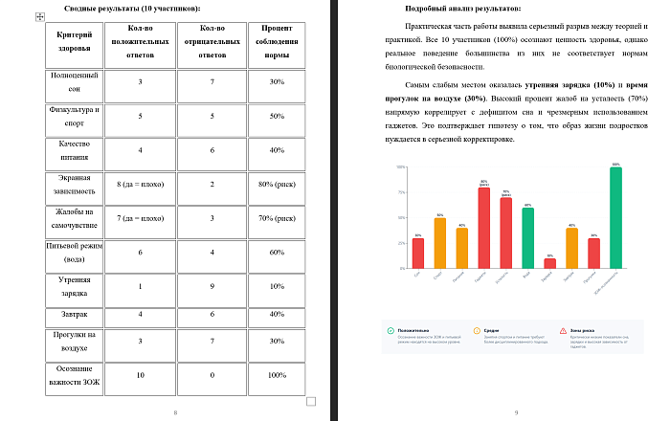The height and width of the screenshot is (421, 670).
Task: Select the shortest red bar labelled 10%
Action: [x=549, y=263]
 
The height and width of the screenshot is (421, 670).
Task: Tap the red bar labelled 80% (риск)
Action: [x=483, y=228]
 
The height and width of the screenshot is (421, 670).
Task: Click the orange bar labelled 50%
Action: [x=439, y=243]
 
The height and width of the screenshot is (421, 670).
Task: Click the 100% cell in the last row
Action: [x=277, y=375]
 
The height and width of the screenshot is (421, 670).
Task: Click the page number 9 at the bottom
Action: [x=516, y=412]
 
